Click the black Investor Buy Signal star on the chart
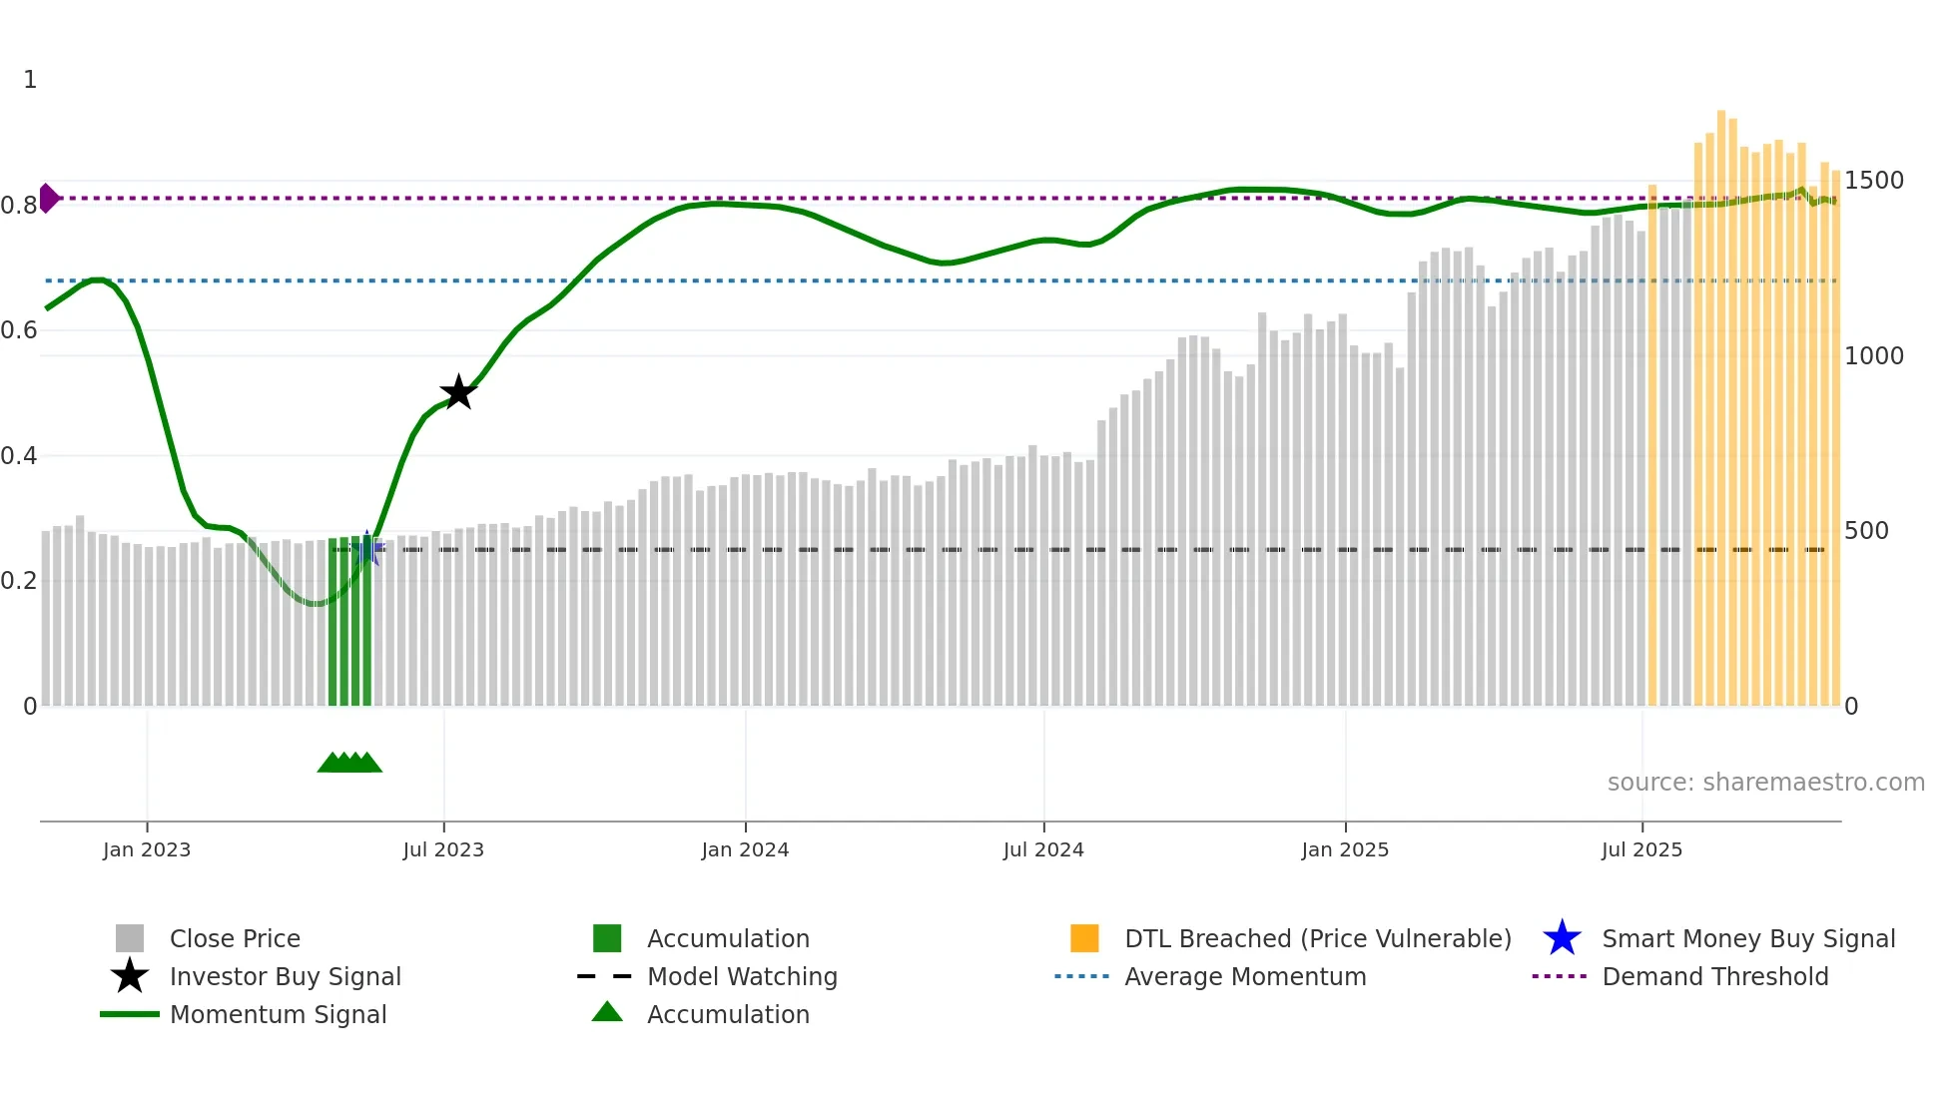(458, 392)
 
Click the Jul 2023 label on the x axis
(443, 849)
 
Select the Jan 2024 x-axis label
(745, 849)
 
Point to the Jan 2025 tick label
(1345, 849)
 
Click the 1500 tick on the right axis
(1873, 181)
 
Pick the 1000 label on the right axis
(1873, 356)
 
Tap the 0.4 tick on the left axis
(19, 456)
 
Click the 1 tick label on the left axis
(30, 80)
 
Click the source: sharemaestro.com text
(1765, 783)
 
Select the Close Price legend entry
(235, 938)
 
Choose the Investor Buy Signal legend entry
(285, 976)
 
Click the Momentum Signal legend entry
(278, 1014)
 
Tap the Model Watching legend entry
(742, 976)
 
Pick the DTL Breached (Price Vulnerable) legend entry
(1317, 938)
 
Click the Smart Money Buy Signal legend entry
(1747, 938)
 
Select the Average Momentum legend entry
(1244, 976)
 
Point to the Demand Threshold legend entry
(1714, 976)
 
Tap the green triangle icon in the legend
(607, 1012)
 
